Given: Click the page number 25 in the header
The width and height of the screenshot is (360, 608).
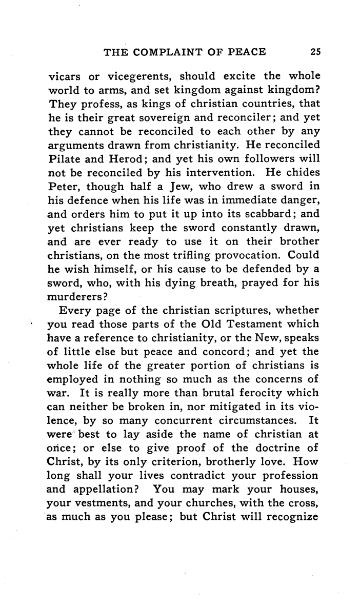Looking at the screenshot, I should click(315, 51).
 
